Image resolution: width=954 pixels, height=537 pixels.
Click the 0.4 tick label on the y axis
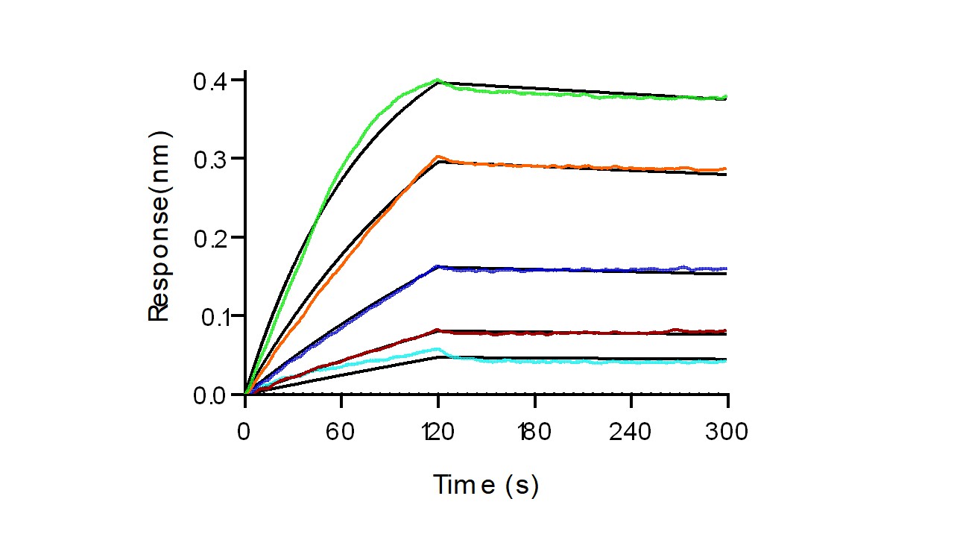coord(212,80)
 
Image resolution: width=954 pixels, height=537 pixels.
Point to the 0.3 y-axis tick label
coord(212,159)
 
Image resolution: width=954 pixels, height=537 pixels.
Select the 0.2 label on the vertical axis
coord(212,237)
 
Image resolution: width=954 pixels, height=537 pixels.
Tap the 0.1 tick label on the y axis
coord(212,316)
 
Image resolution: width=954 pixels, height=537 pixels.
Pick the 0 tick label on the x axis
coord(244,433)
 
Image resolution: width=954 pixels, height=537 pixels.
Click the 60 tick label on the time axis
coord(341,433)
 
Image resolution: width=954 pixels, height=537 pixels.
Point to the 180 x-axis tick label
coord(534,433)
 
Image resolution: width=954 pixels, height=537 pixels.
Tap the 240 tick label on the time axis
coord(631,433)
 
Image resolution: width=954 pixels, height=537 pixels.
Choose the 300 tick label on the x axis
coord(727,433)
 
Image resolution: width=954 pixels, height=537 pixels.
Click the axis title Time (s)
coord(486,486)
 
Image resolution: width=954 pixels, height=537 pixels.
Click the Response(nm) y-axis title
coord(159,226)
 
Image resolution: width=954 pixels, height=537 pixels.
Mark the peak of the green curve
coord(437,80)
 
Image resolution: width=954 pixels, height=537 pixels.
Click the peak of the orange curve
coord(438,157)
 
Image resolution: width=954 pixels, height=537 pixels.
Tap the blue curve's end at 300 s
coord(727,268)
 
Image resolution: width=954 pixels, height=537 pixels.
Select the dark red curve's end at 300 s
coord(727,330)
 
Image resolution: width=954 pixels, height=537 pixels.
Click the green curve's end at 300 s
coord(727,96)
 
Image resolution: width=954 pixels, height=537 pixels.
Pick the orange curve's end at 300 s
coord(727,169)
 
